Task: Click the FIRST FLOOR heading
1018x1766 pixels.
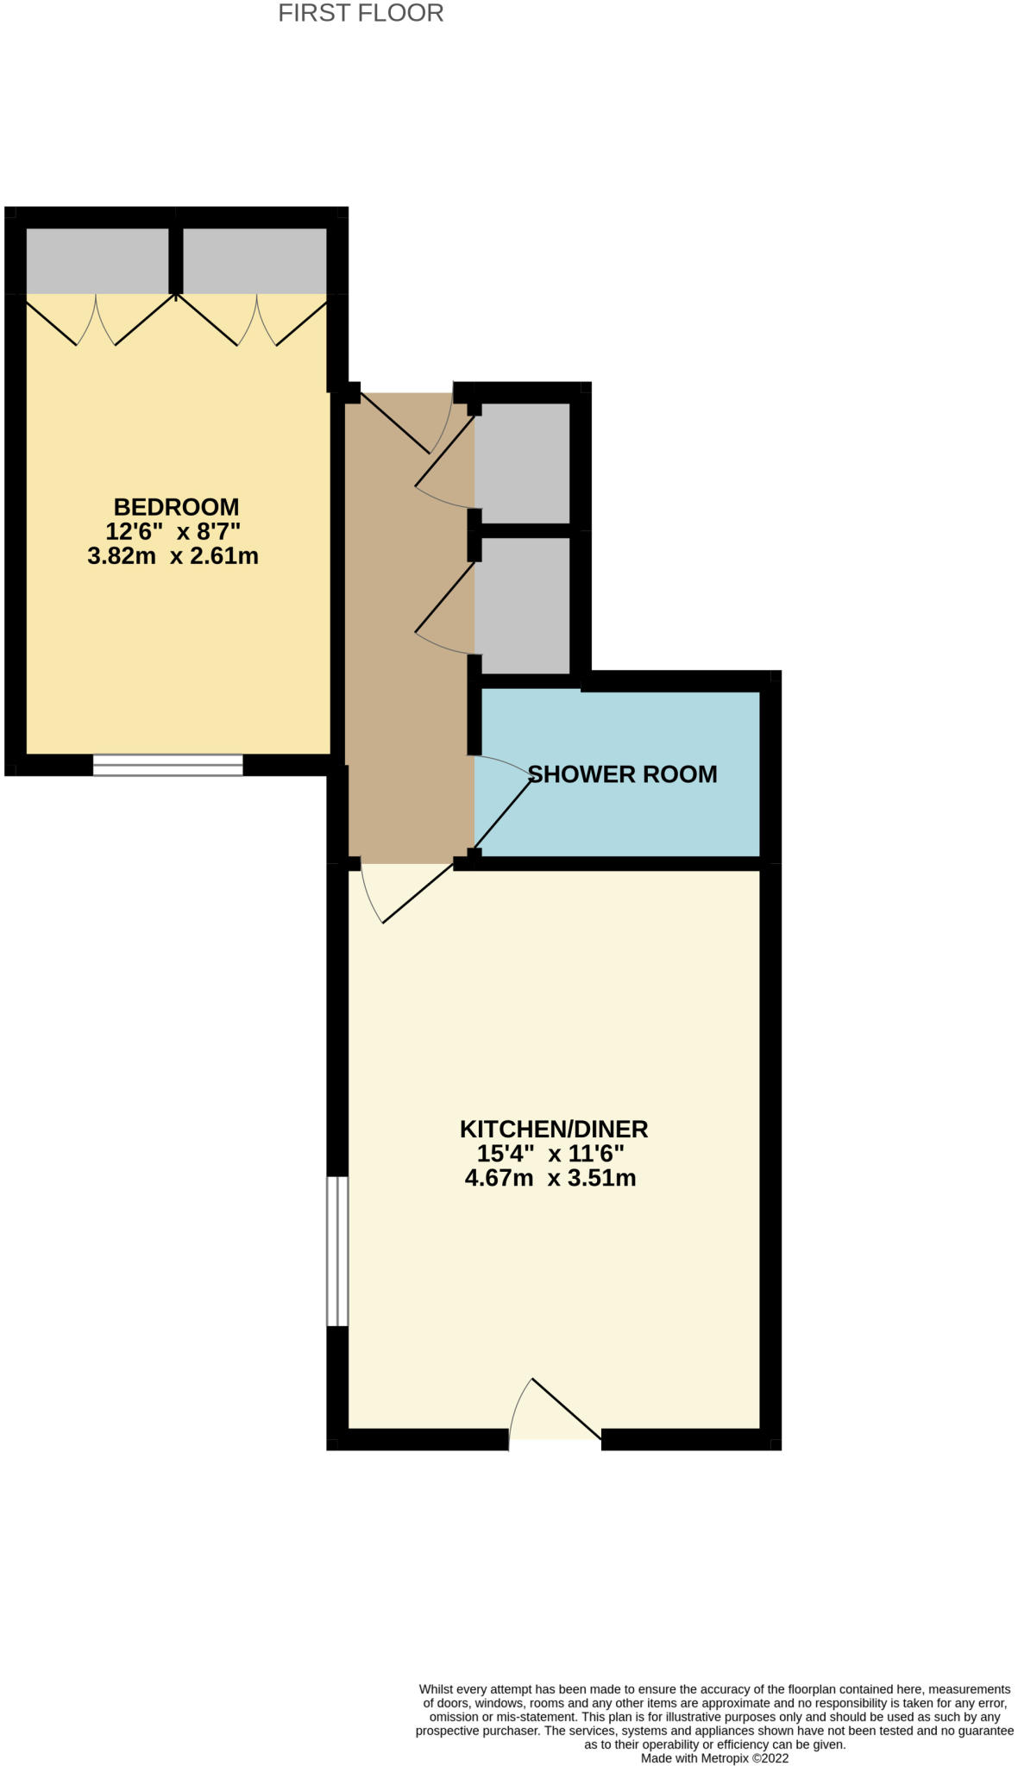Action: [x=361, y=14]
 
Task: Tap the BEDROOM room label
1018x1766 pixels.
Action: [x=176, y=507]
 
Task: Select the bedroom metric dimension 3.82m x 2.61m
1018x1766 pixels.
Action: [x=173, y=556]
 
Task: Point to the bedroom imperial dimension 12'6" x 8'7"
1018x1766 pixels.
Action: [x=173, y=531]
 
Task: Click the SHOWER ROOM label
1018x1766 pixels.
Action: [x=622, y=774]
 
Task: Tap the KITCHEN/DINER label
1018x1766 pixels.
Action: [x=553, y=1129]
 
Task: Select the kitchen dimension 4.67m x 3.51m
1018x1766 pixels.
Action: [x=550, y=1178]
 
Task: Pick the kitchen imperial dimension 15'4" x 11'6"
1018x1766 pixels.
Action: [x=550, y=1154]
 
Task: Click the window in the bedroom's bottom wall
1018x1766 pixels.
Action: [x=168, y=765]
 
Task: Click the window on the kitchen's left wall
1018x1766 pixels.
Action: [x=337, y=1250]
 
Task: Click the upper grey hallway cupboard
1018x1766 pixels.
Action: [x=523, y=462]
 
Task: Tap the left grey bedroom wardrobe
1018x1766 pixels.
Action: [x=97, y=260]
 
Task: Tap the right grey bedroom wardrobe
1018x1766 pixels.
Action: [x=255, y=260]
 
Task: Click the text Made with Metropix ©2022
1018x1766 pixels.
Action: [x=714, y=1757]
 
